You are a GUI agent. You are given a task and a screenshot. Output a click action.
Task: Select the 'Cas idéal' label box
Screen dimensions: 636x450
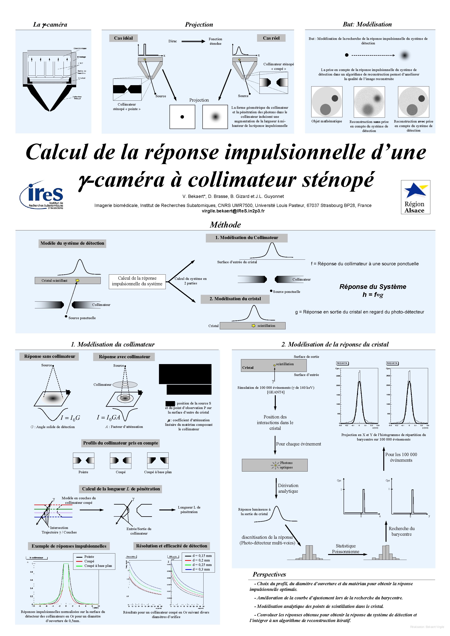pyautogui.click(x=123, y=38)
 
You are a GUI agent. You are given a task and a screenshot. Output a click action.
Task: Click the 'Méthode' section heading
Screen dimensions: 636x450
pyautogui.click(x=225, y=225)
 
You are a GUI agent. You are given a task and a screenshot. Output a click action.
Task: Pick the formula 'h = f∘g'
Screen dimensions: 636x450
pyautogui.click(x=373, y=295)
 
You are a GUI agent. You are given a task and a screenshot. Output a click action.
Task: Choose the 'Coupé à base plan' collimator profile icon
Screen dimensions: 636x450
pyautogui.click(x=158, y=460)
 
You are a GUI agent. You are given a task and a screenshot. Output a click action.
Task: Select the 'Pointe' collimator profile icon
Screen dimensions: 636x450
pyautogui.click(x=84, y=460)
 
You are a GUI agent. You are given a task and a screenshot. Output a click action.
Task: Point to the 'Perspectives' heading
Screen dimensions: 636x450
pyautogui.click(x=269, y=574)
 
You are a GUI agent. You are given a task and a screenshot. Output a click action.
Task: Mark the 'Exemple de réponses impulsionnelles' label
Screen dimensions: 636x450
pyautogui.click(x=69, y=546)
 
